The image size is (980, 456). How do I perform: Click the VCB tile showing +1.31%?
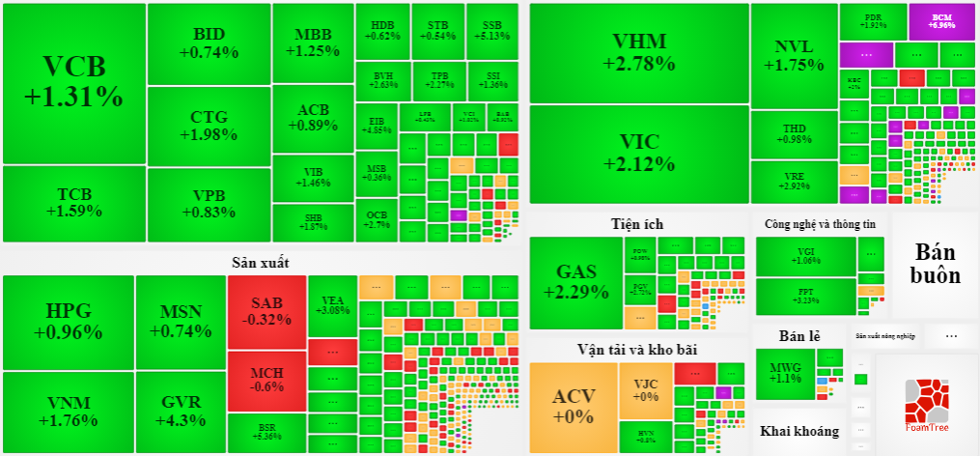click(x=73, y=82)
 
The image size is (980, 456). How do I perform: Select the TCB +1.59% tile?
click(x=73, y=203)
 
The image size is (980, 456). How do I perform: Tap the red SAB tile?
click(x=266, y=311)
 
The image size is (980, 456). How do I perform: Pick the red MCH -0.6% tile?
click(x=266, y=379)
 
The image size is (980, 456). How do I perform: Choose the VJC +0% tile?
click(x=645, y=389)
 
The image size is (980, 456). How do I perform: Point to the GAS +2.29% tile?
click(x=575, y=281)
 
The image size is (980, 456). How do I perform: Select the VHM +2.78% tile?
click(x=638, y=52)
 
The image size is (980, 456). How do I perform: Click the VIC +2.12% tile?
click(x=638, y=154)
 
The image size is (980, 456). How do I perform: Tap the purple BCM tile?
click(x=940, y=20)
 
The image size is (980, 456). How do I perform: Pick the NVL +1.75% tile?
click(x=794, y=56)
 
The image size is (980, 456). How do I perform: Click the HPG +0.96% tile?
click(x=68, y=322)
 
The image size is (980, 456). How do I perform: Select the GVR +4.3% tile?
click(x=181, y=413)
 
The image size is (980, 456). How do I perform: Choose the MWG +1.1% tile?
click(x=785, y=373)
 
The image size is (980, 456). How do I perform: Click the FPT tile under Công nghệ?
click(x=805, y=296)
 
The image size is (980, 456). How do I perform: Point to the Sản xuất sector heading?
click(x=260, y=262)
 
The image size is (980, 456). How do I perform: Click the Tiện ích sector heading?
click(x=637, y=223)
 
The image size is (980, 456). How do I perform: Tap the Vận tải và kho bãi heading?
click(x=637, y=349)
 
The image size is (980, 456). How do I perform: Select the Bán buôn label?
click(x=937, y=263)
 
